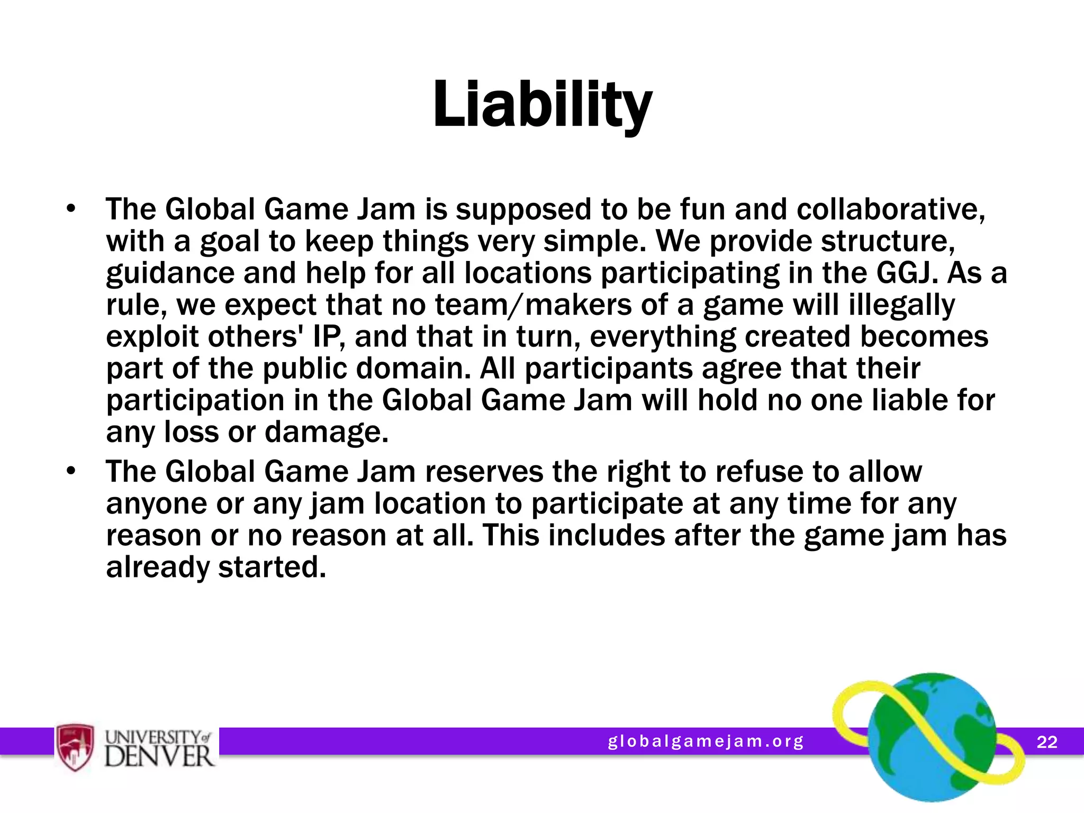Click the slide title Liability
click(542, 104)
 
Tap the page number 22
click(1046, 742)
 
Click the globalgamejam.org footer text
click(706, 741)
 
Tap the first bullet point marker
click(71, 209)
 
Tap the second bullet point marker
click(71, 471)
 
